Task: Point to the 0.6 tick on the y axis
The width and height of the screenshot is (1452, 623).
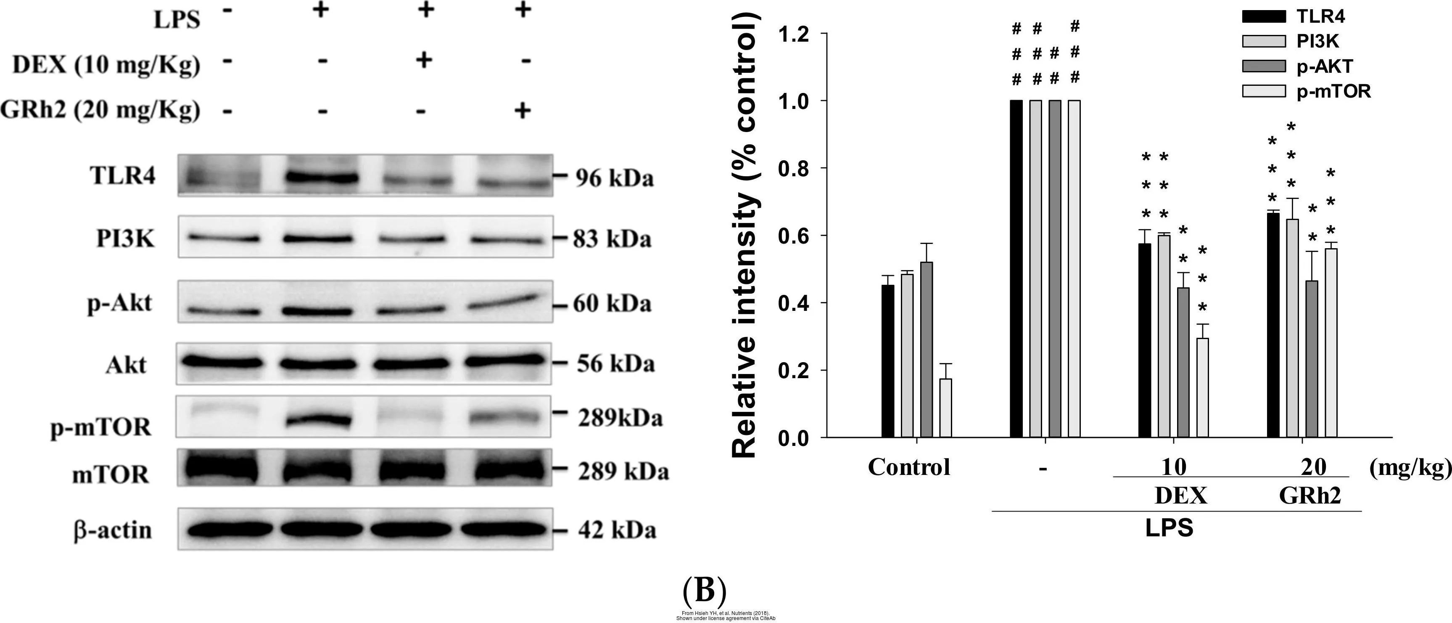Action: click(795, 236)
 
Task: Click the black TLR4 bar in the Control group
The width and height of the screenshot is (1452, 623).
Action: click(888, 361)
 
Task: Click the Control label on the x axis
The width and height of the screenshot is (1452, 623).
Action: click(908, 467)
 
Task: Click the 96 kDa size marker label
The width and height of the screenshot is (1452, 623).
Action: click(615, 178)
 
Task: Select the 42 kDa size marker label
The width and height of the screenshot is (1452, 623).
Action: click(617, 530)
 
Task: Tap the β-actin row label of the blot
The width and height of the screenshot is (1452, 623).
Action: click(113, 530)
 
